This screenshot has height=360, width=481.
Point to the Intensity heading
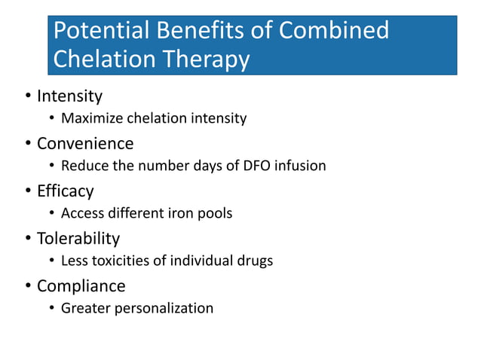click(69, 96)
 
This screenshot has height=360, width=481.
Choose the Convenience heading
click(85, 143)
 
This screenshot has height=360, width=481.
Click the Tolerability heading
click(78, 239)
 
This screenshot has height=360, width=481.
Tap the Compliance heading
click(81, 286)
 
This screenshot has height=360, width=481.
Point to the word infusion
click(300, 166)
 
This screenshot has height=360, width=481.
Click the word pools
click(215, 213)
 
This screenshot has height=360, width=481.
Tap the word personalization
click(164, 308)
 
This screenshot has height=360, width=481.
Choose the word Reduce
click(83, 166)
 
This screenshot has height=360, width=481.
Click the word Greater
click(85, 308)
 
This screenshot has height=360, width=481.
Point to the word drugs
click(253, 261)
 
